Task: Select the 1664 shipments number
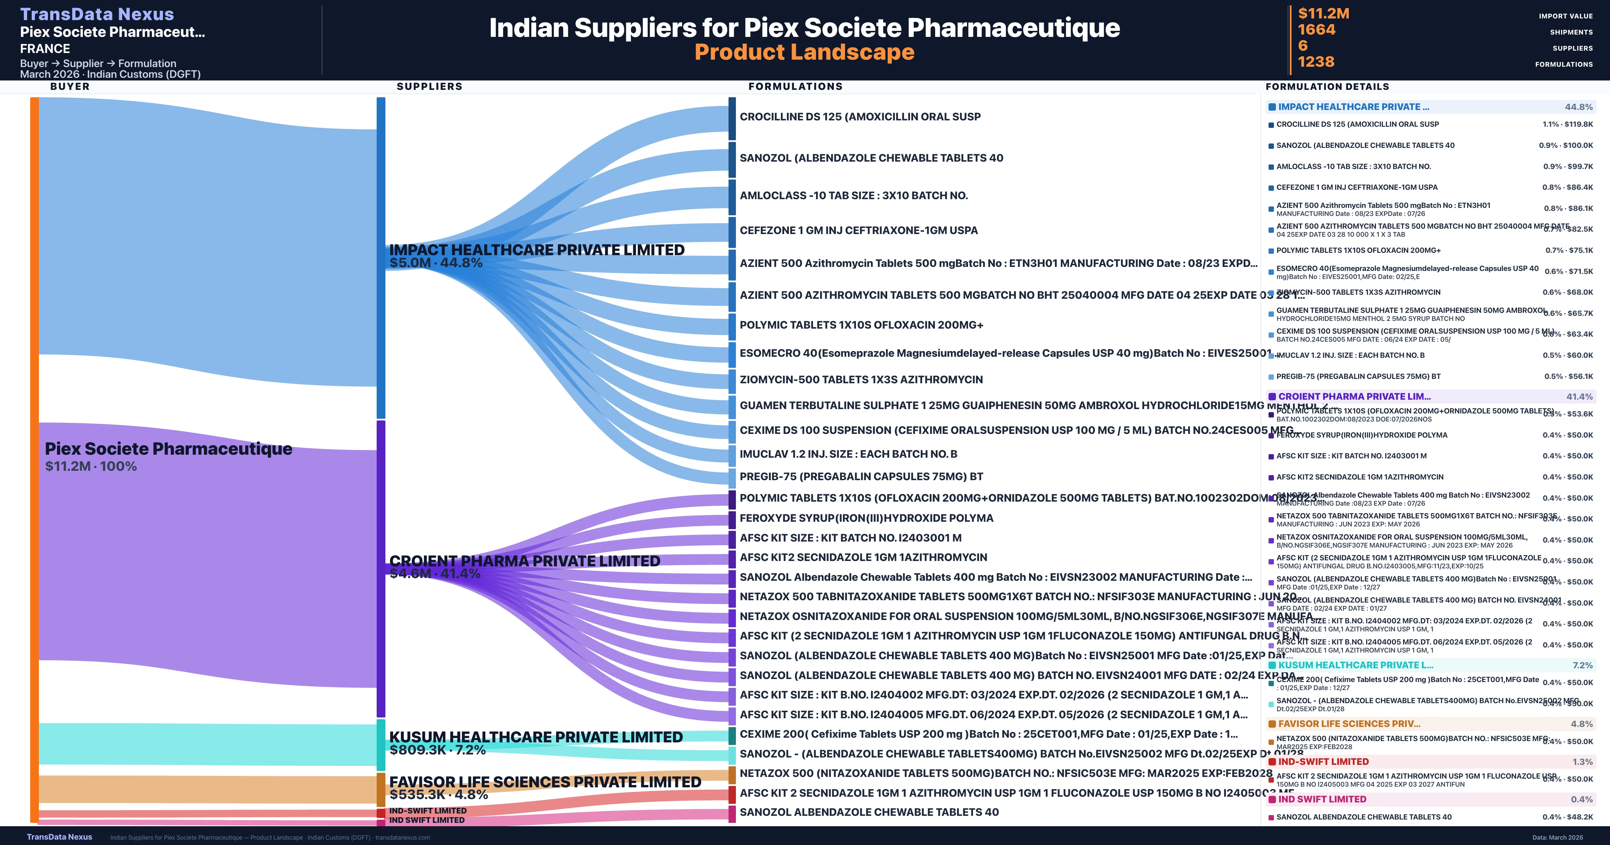1316,30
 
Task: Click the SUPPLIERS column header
429,86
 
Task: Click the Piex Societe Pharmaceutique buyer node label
168,449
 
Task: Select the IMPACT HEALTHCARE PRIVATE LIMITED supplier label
536,250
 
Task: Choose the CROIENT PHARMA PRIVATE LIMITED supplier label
524,561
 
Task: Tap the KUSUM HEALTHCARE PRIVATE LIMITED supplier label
536,737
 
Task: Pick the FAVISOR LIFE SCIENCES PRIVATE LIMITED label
545,782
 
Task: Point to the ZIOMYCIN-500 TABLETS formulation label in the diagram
861,379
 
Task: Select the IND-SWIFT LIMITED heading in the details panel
1323,761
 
